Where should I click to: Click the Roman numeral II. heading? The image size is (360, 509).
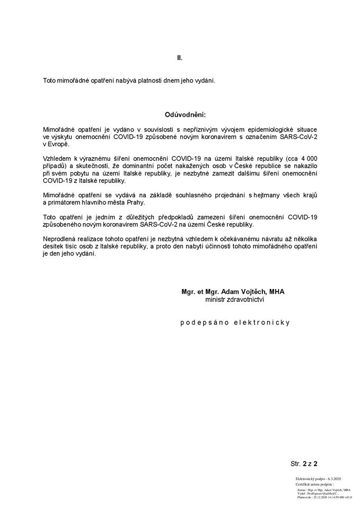click(180, 57)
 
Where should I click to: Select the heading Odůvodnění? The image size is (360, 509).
click(185, 115)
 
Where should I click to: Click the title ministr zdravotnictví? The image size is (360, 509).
click(234, 300)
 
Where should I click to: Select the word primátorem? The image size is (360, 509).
click(64, 203)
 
